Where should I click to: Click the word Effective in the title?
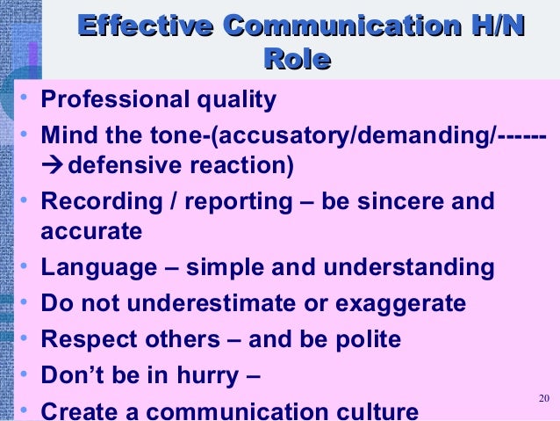(140, 26)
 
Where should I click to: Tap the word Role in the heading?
(296, 59)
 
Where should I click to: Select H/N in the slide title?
(492, 26)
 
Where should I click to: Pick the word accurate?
(90, 233)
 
